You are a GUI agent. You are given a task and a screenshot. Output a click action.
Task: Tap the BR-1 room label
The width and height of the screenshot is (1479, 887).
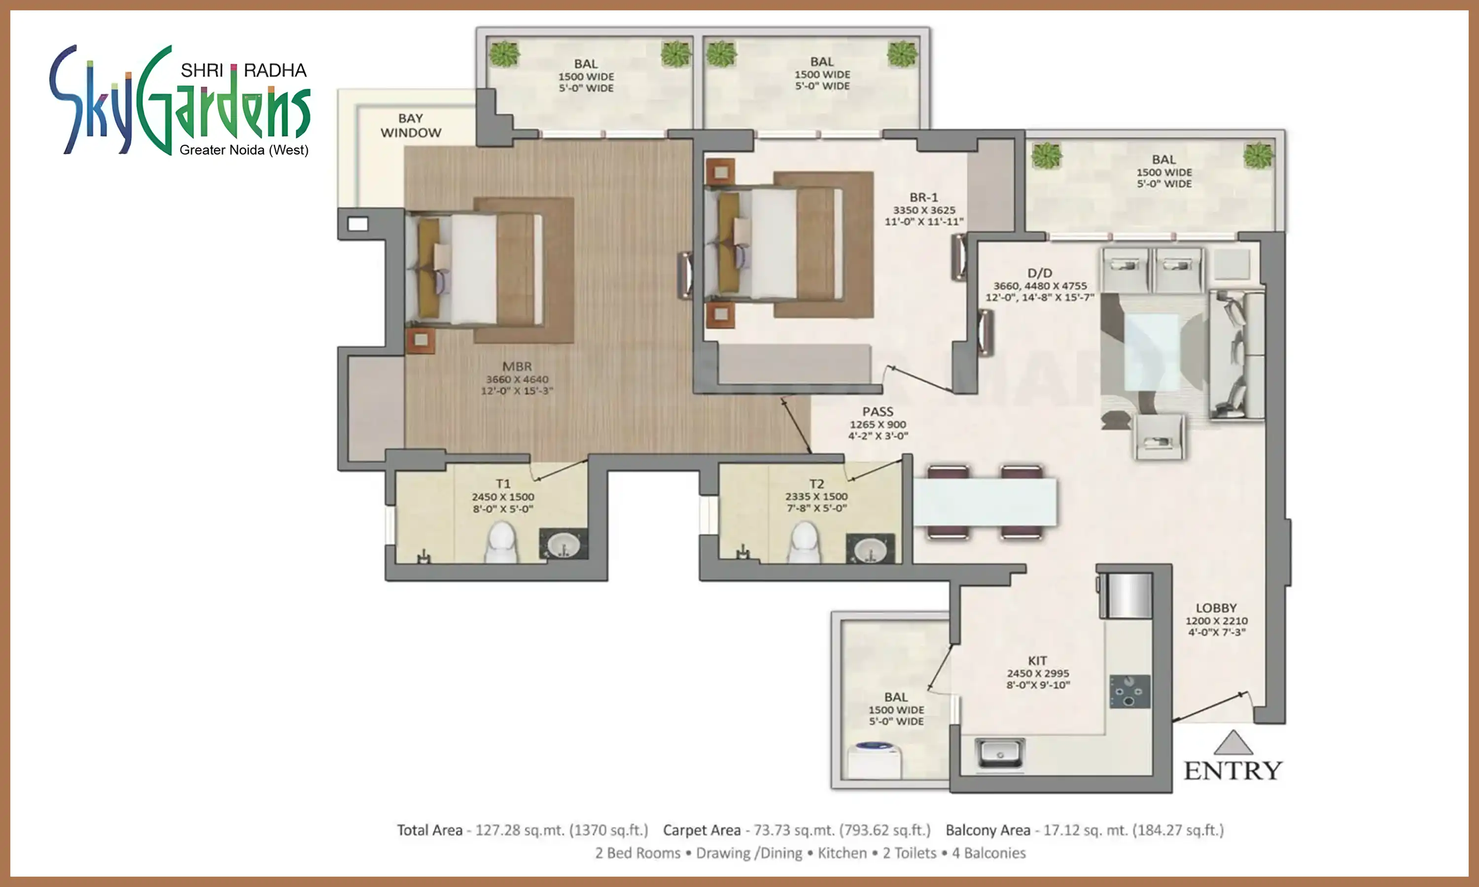923,197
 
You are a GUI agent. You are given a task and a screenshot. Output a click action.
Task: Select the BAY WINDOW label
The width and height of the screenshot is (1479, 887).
411,126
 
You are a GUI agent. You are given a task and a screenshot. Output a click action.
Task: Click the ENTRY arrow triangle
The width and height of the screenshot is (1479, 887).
1232,744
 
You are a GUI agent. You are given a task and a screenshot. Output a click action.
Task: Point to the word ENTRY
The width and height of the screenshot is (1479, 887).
1232,771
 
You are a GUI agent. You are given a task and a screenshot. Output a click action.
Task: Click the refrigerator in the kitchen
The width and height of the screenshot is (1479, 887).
1126,595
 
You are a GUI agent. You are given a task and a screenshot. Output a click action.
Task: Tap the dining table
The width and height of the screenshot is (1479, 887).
984,502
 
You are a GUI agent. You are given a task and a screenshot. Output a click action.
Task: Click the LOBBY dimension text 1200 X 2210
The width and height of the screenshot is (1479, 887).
1216,621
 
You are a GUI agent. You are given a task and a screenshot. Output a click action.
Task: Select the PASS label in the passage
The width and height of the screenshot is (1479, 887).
878,412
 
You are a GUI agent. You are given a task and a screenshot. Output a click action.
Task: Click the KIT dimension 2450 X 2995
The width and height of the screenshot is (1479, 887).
1038,674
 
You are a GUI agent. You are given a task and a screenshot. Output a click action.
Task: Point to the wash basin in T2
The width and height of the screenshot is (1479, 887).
870,548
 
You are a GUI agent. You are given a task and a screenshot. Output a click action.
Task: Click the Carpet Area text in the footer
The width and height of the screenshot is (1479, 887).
701,830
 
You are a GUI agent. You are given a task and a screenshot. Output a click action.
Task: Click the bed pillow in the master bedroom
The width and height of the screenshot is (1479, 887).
428,268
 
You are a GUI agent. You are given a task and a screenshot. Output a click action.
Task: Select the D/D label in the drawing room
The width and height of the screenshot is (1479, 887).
1040,273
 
